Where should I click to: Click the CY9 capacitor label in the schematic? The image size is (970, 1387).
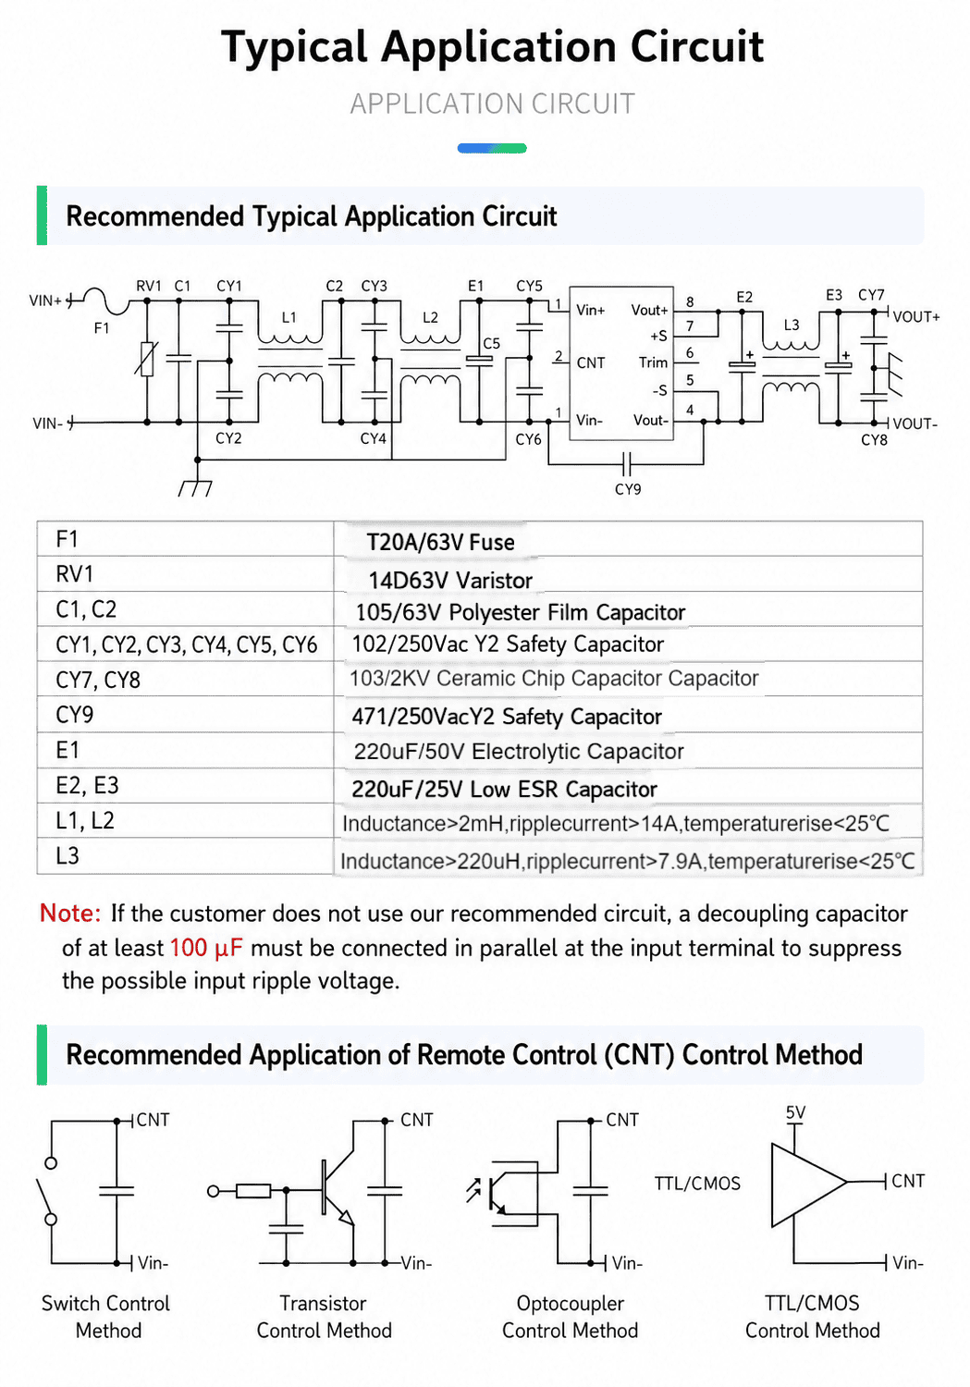click(628, 489)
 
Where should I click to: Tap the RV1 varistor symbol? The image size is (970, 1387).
click(147, 359)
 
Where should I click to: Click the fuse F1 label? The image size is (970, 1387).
click(102, 328)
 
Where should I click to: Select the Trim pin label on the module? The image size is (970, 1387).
click(653, 362)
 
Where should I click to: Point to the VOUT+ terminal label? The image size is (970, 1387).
click(916, 317)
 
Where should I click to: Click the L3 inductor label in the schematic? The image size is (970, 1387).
click(792, 325)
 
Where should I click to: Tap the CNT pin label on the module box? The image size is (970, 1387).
click(591, 362)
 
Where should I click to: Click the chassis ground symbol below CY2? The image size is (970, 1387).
click(196, 487)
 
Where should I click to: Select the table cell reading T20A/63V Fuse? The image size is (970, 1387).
click(440, 543)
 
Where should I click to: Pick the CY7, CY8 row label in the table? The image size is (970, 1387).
click(98, 680)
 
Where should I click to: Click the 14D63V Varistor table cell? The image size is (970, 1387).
click(450, 580)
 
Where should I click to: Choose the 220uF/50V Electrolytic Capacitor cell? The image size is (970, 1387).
click(519, 752)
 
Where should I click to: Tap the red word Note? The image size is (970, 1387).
click(70, 914)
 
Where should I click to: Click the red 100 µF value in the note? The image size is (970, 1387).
click(206, 948)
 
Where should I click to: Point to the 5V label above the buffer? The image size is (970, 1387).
click(795, 1112)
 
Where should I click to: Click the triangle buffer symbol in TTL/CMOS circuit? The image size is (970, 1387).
click(808, 1184)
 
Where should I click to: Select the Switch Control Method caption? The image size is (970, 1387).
click(105, 1317)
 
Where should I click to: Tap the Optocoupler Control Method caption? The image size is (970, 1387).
click(571, 1317)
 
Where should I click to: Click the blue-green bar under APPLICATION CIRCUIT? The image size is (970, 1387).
click(492, 148)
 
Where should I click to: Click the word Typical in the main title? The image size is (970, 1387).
click(294, 48)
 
